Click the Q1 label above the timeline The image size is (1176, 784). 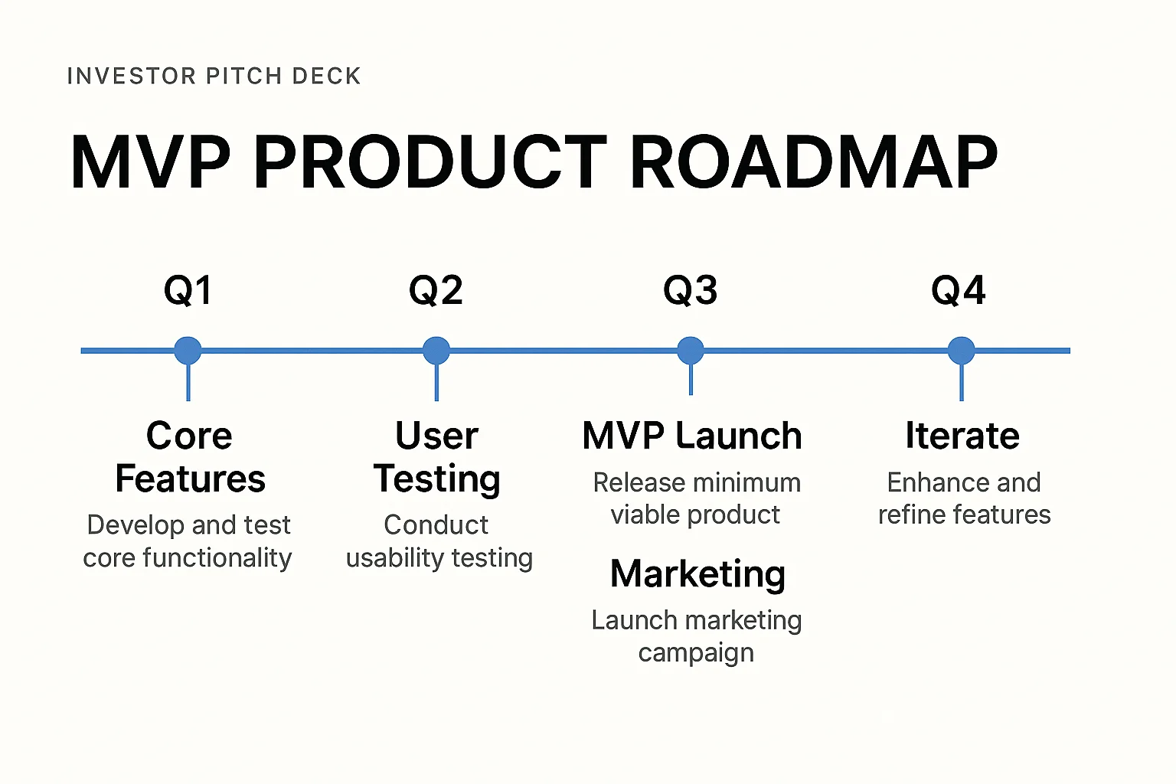188,291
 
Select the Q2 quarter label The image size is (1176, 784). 436,291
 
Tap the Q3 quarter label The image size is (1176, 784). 690,291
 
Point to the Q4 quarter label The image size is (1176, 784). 958,291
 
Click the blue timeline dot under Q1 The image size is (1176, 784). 188,351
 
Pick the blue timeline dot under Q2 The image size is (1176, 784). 436,351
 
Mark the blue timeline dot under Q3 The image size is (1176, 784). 691,351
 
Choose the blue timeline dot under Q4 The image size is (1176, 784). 962,351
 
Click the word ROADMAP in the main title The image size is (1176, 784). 813,162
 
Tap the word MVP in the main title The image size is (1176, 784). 150,162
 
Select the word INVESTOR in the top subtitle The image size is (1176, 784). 132,77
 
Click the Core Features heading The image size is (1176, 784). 190,457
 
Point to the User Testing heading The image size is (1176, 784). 437,457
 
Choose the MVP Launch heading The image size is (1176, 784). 691,436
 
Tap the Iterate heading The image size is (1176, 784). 962,436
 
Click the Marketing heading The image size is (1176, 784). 697,574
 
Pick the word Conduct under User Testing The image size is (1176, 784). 436,525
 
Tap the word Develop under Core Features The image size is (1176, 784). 136,526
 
